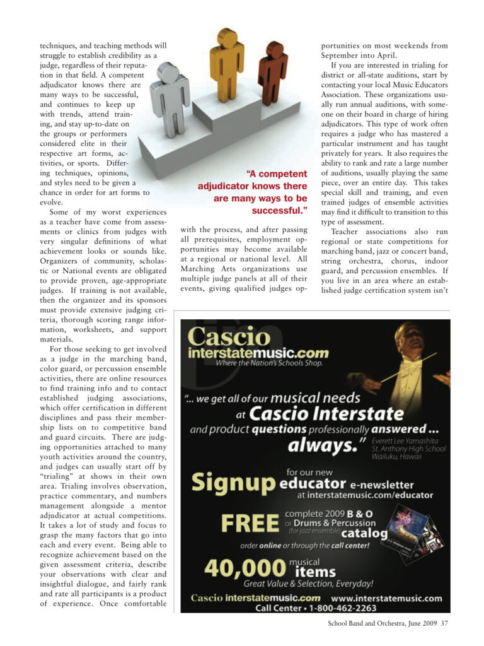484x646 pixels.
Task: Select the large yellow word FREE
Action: [x=250, y=524]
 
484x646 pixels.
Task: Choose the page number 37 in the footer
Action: [x=444, y=625]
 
